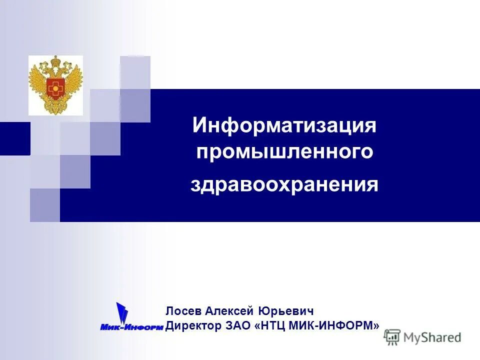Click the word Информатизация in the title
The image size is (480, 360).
pos(284,125)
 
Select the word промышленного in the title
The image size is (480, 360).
pos(284,151)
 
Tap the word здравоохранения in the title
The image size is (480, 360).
pos(284,185)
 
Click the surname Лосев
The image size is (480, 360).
pos(183,311)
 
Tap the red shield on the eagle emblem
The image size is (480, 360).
pos(55,88)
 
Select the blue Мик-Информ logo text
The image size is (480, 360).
pos(132,327)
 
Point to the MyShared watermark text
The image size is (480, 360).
pos(432,337)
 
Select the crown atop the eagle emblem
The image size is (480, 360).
pos(55,61)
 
